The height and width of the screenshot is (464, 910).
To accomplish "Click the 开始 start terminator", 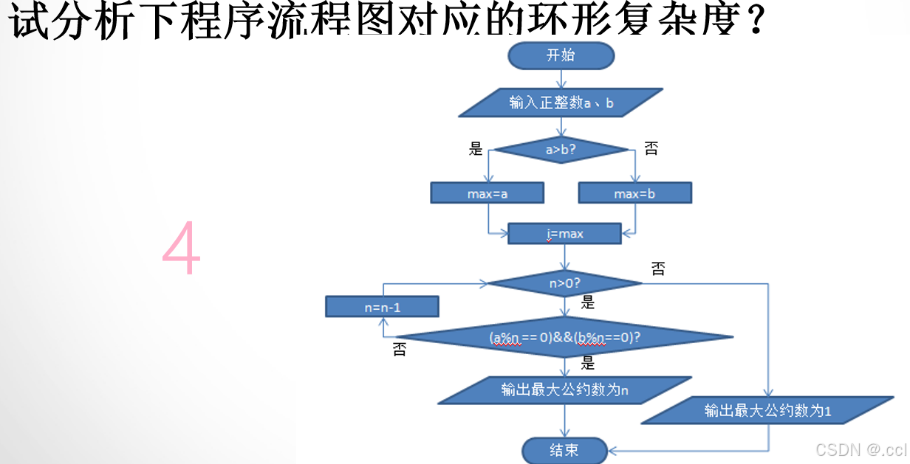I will [x=561, y=56].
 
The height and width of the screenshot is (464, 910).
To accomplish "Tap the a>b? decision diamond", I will [x=561, y=150].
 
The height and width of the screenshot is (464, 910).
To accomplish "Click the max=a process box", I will [x=487, y=193].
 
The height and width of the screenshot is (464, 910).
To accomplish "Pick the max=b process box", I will [x=634, y=193].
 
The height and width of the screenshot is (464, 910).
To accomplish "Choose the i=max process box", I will [x=565, y=234].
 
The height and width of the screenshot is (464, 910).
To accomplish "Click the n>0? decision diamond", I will [x=565, y=283].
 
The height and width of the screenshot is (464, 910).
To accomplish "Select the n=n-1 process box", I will [x=383, y=307].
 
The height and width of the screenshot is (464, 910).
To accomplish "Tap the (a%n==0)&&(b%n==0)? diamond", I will [x=565, y=337].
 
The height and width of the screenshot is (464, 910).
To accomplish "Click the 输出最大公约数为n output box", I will [x=565, y=390].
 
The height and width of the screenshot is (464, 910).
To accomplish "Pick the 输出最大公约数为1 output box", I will [x=767, y=410].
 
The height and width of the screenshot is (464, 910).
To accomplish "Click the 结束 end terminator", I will [x=564, y=450].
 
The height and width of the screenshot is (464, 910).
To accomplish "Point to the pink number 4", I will [x=182, y=248].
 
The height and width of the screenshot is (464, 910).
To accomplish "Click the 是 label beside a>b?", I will [x=476, y=149].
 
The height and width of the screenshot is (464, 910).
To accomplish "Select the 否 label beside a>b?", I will [x=651, y=149].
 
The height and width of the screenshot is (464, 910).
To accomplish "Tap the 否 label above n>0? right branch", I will [x=657, y=269].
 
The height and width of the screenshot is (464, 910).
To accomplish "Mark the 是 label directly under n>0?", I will [x=588, y=302].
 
